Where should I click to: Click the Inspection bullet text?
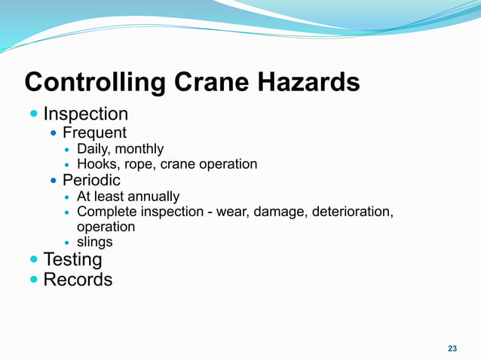click(85, 114)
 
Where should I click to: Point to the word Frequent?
click(94, 133)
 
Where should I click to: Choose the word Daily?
click(93, 149)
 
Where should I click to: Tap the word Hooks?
click(97, 164)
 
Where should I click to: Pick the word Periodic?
click(91, 181)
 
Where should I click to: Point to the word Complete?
click(105, 212)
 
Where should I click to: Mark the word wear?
click(231, 212)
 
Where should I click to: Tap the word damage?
click(279, 212)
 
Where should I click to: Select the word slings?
click(95, 243)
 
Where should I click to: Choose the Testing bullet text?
click(72, 260)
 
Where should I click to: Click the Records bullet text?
click(78, 279)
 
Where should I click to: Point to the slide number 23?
click(452, 348)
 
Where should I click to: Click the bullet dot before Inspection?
click(33, 114)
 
